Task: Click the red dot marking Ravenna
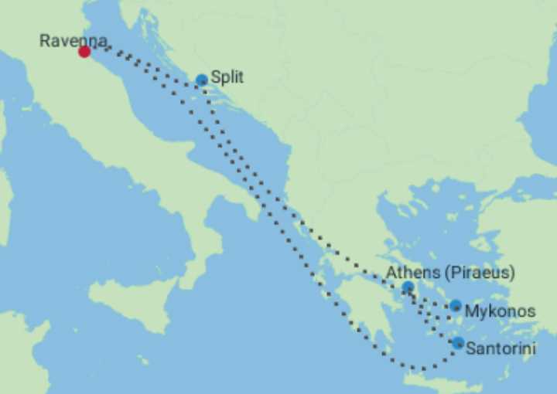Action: click(x=84, y=52)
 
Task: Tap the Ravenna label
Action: click(x=73, y=40)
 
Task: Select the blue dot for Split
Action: click(x=202, y=80)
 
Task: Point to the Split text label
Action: click(x=227, y=78)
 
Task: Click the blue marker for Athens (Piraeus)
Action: click(x=408, y=287)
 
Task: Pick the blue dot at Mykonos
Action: click(x=456, y=306)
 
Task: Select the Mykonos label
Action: click(x=500, y=311)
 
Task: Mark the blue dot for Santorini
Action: click(x=458, y=343)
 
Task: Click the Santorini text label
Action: click(x=501, y=349)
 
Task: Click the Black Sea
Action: click(x=542, y=100)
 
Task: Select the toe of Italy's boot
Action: click(x=193, y=267)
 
